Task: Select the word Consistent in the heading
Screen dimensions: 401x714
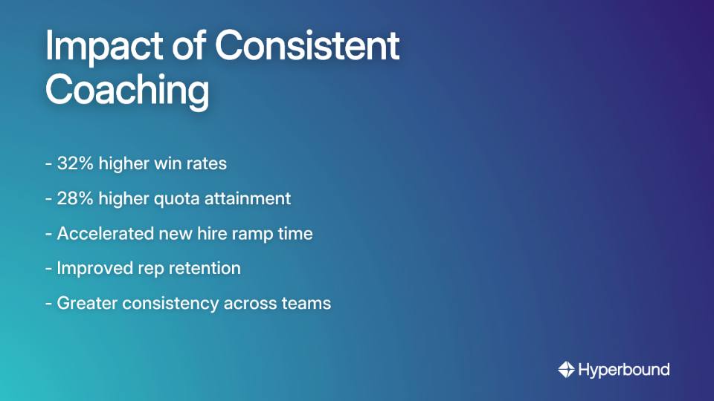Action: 306,48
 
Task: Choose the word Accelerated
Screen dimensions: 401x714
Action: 104,233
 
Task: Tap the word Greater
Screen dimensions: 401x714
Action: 83,303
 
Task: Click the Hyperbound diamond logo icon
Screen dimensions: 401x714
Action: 566,369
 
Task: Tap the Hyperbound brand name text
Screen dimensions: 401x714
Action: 623,369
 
